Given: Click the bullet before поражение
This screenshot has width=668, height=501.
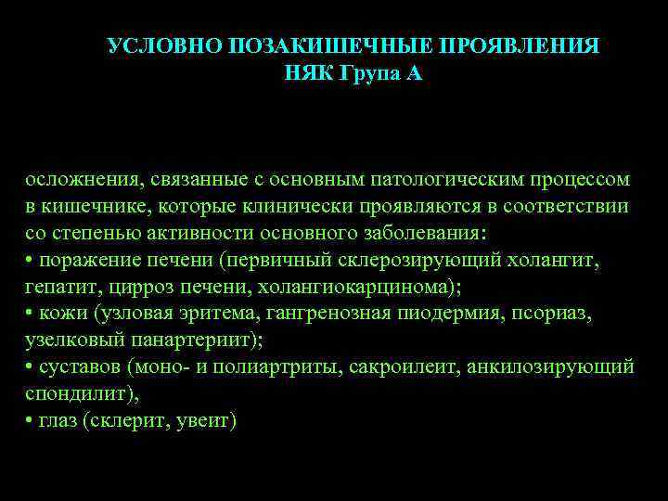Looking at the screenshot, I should (x=30, y=260).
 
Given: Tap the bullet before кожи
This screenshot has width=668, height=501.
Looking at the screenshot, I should (x=30, y=314).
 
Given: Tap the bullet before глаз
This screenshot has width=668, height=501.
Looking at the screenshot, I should (x=30, y=421).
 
